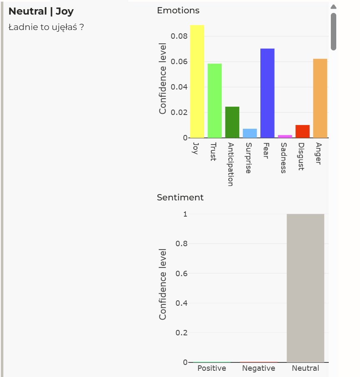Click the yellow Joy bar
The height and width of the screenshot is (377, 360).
(197, 82)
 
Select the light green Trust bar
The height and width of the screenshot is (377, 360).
(215, 101)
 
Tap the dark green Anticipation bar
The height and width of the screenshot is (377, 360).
(232, 122)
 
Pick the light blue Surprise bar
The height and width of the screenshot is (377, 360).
(250, 133)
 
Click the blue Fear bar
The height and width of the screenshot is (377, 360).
(267, 93)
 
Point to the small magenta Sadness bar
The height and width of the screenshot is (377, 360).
(285, 137)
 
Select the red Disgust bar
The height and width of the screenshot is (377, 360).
(302, 132)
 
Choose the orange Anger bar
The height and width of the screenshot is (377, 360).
(320, 98)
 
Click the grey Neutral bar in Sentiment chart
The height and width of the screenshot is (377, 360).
(305, 288)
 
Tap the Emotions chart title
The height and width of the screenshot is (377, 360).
(178, 10)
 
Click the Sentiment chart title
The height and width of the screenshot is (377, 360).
(180, 197)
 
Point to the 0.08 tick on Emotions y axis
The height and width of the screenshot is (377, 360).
(179, 36)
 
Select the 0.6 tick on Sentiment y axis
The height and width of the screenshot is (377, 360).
(181, 273)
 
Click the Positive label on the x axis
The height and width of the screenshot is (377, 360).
(212, 368)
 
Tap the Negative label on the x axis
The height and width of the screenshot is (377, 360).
(258, 368)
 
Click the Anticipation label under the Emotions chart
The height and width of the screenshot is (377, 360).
(231, 165)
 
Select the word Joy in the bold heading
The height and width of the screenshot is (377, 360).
(65, 12)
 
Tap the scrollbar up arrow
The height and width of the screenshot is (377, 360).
(333, 7)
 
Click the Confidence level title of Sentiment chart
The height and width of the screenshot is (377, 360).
(162, 285)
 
